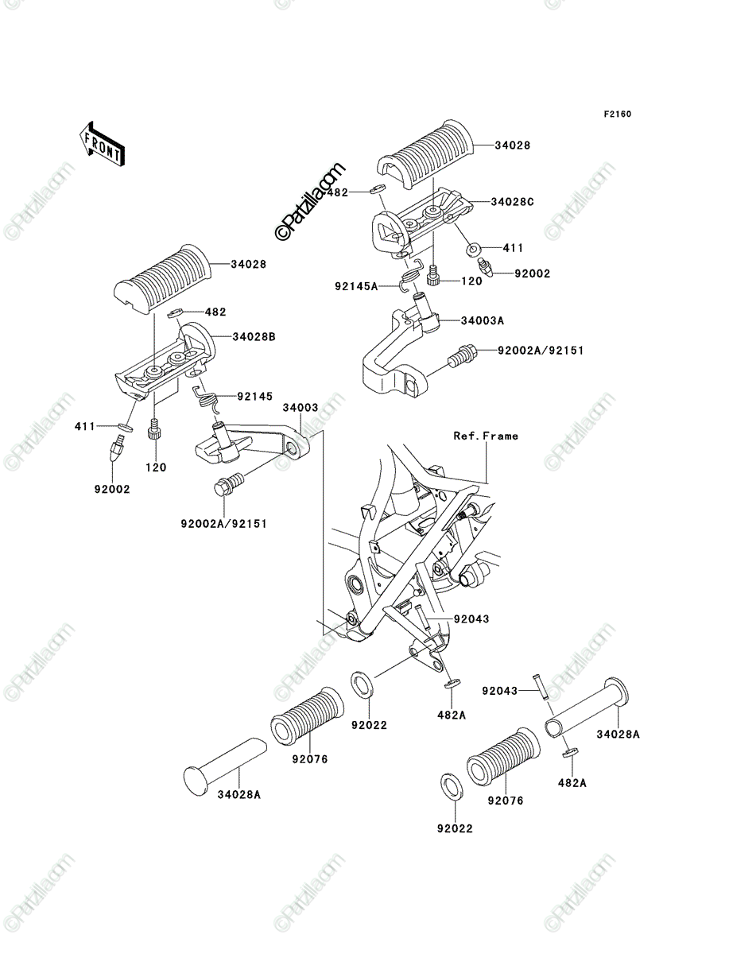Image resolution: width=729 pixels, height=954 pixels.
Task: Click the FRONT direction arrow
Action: click(102, 144)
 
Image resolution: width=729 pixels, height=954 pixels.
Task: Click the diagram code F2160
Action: click(618, 114)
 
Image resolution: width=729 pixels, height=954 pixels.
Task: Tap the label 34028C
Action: click(512, 202)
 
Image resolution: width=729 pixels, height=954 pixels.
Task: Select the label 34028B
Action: click(254, 337)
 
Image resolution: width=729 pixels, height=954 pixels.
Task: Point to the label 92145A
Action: click(356, 286)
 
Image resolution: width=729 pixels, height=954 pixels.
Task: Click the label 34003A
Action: click(483, 320)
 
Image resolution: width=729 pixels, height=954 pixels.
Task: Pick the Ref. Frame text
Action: click(486, 436)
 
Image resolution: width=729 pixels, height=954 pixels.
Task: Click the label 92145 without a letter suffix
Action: click(254, 397)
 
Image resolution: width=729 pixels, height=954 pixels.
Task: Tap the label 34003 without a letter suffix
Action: click(301, 408)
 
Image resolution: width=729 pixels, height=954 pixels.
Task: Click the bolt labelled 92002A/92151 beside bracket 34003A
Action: click(462, 356)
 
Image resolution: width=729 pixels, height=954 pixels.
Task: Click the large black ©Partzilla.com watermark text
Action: click(309, 200)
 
